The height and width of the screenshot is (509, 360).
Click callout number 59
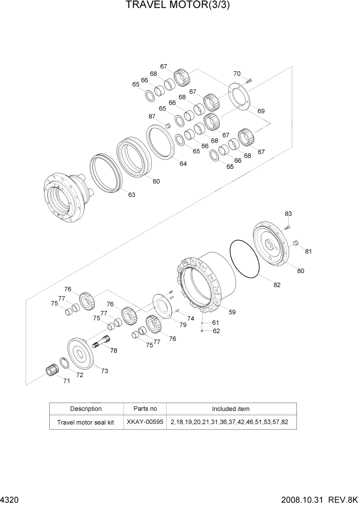pos(232,311)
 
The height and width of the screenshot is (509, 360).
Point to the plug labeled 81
pos(295,243)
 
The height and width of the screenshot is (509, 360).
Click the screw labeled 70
pos(249,80)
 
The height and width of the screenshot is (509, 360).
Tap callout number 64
pos(183,164)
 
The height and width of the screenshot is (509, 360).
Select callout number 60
pos(156,181)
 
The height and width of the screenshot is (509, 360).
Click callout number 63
pos(132,194)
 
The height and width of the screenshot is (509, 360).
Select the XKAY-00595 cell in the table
pos(146,423)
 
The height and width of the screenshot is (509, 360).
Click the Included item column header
pos(230,409)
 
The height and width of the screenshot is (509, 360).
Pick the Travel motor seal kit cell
pos(86,423)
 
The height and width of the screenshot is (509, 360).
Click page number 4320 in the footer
pos(9,500)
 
